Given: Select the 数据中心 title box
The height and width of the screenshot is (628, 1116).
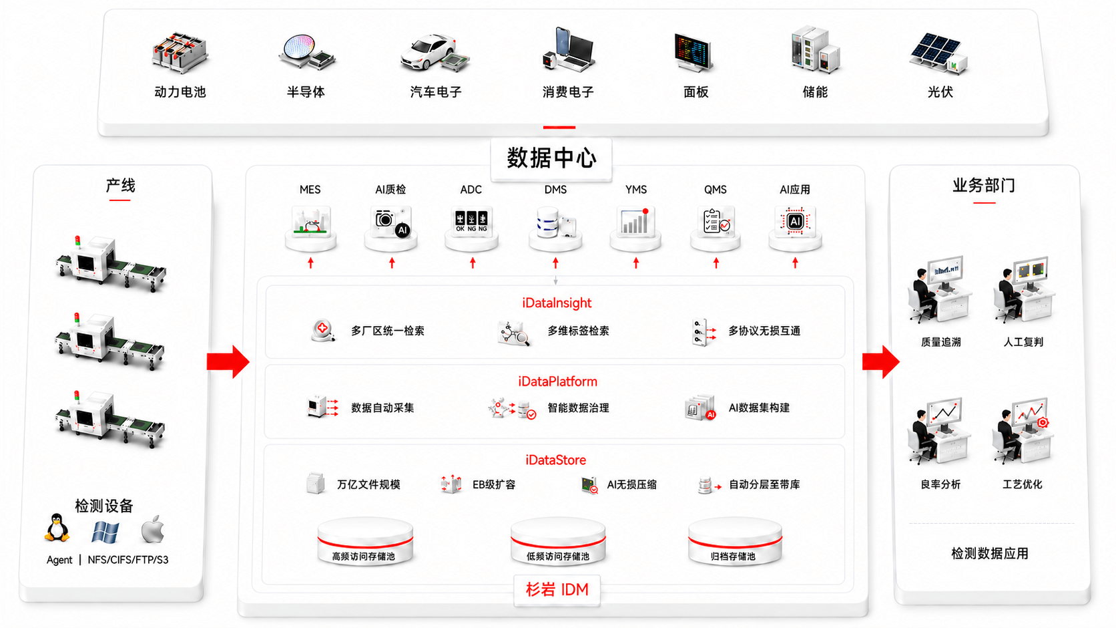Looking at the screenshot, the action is [551, 158].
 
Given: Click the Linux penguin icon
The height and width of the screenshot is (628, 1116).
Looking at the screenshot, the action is [57, 528].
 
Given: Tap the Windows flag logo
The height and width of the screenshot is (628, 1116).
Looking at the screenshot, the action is [105, 532].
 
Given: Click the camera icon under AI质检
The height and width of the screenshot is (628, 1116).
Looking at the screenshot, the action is [392, 222].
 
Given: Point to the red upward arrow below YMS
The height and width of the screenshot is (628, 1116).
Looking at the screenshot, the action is [635, 263].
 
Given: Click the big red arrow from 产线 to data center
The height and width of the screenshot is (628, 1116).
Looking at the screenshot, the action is [228, 361].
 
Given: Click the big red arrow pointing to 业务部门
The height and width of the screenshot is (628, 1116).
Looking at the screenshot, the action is [881, 361].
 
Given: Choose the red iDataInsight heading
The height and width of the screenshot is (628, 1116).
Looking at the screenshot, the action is [557, 303].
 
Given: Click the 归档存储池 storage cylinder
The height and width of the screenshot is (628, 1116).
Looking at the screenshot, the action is [735, 542].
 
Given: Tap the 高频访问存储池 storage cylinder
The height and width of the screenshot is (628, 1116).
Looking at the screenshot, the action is [365, 542].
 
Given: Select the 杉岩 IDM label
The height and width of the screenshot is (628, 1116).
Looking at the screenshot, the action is [557, 590].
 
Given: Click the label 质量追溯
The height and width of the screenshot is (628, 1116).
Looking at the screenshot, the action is [940, 342].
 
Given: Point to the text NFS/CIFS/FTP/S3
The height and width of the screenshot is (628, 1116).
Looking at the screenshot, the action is [128, 560].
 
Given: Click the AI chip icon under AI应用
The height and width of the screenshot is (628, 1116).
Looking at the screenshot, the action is [795, 221].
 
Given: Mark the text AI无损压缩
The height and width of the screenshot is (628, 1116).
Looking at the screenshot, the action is [631, 484].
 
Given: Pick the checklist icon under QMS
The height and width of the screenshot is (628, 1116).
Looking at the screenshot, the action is [716, 222].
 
